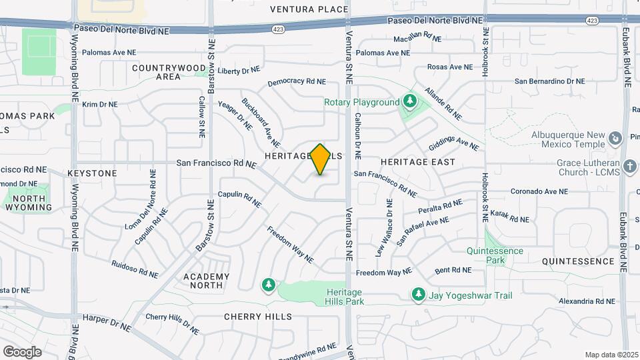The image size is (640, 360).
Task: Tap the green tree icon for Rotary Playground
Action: coord(410,102)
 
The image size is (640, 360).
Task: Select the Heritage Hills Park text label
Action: coord(345,297)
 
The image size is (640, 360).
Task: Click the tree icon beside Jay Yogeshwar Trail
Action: coord(418,293)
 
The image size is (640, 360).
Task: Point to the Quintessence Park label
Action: coord(495,255)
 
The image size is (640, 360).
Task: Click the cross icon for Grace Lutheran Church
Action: coord(630,165)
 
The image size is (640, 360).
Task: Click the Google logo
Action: coord(22,351)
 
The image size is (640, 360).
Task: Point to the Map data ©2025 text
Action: coord(611,355)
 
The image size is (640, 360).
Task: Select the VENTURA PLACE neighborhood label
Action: coord(309,9)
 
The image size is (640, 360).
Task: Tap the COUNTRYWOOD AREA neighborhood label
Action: coord(169,72)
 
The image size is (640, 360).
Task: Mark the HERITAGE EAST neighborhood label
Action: coord(418,162)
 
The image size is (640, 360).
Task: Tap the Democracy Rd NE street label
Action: coord(297,82)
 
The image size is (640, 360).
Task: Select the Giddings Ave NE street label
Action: coord(453,143)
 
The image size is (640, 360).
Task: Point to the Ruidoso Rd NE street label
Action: coord(135,269)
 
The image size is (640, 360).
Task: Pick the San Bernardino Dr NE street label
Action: coord(549,81)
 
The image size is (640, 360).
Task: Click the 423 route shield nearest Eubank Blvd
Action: coord(591,21)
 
